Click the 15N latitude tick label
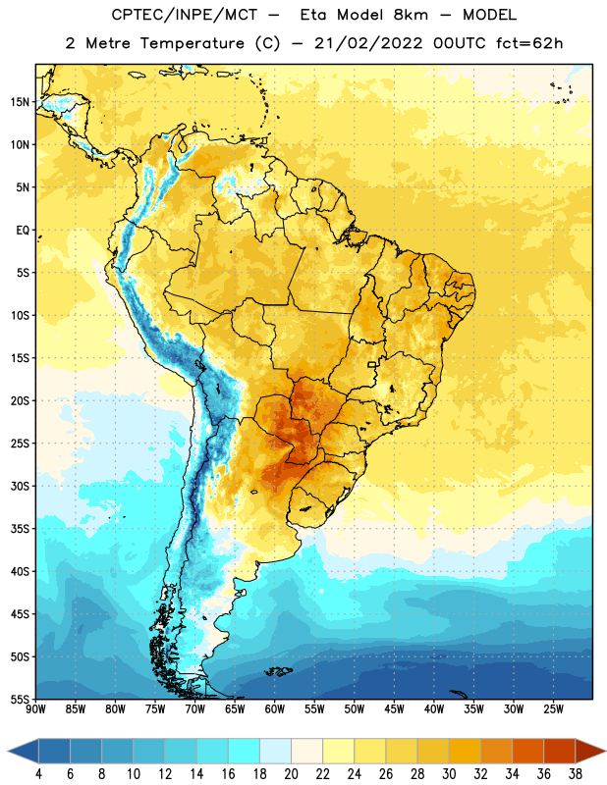click(20, 102)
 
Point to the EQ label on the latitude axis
click(23, 231)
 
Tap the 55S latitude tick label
click(20, 699)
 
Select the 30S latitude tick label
click(20, 486)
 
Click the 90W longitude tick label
click(35, 709)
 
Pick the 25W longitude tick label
click(553, 709)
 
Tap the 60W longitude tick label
click(275, 709)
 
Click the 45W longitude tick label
click(394, 709)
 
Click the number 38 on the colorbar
click(575, 774)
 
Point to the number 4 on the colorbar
click(38, 774)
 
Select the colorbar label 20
click(291, 774)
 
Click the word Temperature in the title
click(192, 43)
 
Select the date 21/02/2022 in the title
click(369, 43)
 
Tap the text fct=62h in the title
click(529, 43)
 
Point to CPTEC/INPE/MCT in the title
click(185, 15)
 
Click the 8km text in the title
click(411, 15)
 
